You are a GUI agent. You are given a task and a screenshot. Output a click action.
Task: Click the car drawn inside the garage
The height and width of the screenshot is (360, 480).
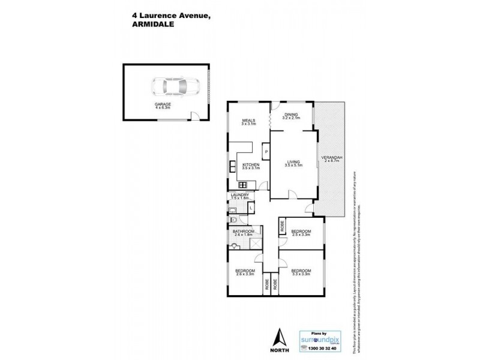(172, 88)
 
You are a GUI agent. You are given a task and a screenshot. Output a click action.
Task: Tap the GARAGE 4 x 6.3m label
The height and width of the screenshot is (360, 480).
(163, 106)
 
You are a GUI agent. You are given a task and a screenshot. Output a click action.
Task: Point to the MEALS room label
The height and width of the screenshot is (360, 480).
(248, 122)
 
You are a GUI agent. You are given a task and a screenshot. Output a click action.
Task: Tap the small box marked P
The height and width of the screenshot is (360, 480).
(266, 152)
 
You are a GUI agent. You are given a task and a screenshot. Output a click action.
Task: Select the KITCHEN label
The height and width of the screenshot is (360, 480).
(251, 166)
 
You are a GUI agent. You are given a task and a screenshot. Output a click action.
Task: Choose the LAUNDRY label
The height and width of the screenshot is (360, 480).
(241, 196)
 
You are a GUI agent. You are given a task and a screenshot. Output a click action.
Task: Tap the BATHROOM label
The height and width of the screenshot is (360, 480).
(244, 233)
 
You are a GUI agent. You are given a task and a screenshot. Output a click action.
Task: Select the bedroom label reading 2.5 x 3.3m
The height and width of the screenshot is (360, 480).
(301, 233)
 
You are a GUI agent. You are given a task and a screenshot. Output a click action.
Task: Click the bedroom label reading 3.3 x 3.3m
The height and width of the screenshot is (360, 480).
(301, 272)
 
